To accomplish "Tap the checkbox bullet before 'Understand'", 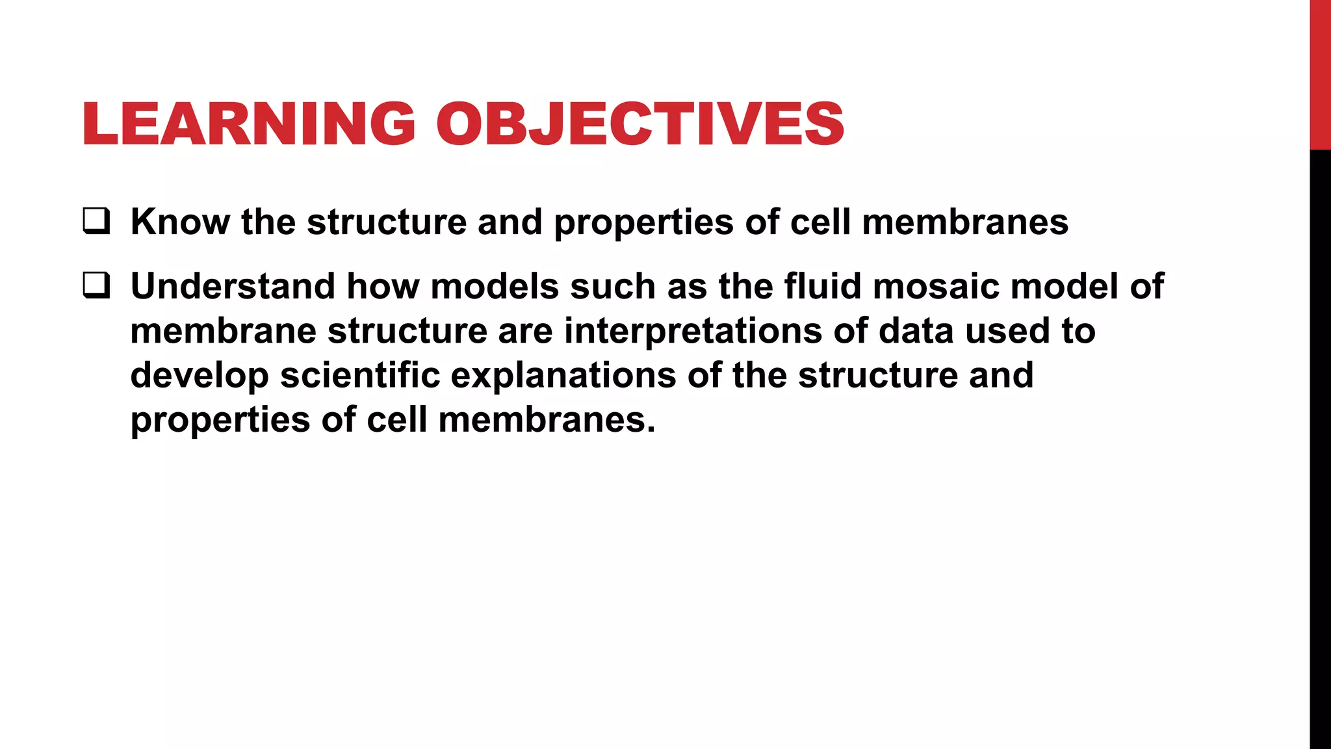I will tap(96, 285).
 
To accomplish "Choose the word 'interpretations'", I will tap(693, 331).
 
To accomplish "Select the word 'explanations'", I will tap(563, 376).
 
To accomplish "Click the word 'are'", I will tap(525, 331).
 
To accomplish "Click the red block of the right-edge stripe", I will tap(1320, 75).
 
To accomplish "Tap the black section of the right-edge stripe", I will tap(1320, 449).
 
